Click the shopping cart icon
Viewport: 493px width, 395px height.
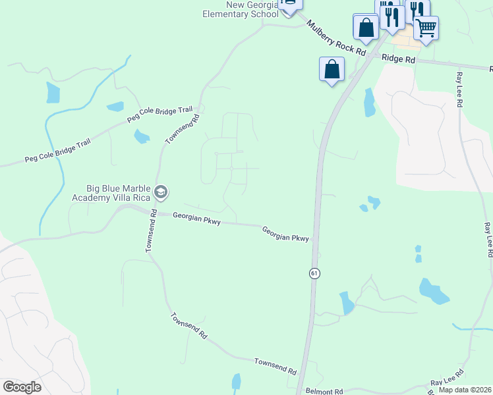(426, 28)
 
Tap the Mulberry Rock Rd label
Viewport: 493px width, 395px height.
(335, 37)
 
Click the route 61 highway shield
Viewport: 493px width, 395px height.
(315, 273)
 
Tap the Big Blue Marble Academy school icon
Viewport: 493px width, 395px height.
(160, 192)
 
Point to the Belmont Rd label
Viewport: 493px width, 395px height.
(324, 392)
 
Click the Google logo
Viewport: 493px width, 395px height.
(22, 387)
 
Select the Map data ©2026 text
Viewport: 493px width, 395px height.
(465, 390)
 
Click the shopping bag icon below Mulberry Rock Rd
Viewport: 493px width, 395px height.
(332, 68)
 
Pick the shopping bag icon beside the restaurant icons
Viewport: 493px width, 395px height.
(366, 28)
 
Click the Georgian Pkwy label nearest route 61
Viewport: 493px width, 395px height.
(285, 234)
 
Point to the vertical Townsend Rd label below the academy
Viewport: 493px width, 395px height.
(150, 232)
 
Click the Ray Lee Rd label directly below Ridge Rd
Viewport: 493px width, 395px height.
(460, 90)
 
